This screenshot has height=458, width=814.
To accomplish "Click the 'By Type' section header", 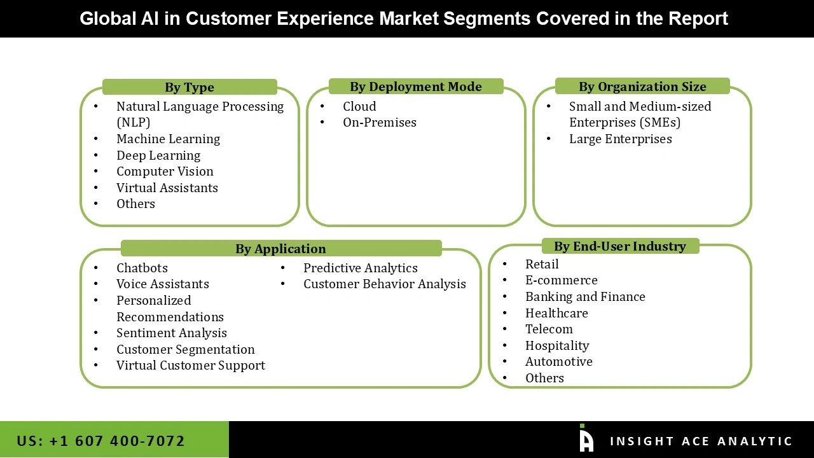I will (x=190, y=87).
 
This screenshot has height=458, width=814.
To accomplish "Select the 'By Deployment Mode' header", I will (x=416, y=87).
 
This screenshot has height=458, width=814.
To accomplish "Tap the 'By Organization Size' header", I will (x=642, y=87).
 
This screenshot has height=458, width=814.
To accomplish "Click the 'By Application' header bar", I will (x=280, y=249).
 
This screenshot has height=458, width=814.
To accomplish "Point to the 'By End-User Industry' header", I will (x=620, y=246).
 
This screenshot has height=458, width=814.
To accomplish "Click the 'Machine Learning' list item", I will (x=168, y=139).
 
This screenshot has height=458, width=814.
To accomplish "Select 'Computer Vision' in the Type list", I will (x=165, y=171).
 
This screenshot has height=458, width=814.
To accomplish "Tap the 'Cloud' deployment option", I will (x=359, y=106).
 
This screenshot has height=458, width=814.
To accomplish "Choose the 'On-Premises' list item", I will (x=379, y=122).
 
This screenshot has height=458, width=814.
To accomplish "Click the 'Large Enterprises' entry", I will (x=620, y=139).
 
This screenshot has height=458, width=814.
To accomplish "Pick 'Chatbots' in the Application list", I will (x=142, y=268).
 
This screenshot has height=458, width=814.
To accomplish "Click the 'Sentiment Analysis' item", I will (x=171, y=333).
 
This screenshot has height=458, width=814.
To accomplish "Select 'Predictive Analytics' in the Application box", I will (x=360, y=268).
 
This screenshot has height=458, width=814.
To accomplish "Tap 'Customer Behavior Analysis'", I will (x=384, y=284).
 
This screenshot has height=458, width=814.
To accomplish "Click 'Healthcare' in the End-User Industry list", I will (x=556, y=313).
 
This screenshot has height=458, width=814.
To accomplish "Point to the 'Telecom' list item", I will (x=549, y=329).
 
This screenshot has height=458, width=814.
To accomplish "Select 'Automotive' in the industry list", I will (x=558, y=361).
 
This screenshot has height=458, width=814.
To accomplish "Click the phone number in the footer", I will (x=101, y=441).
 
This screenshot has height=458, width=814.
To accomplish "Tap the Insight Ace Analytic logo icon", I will (x=586, y=440).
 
